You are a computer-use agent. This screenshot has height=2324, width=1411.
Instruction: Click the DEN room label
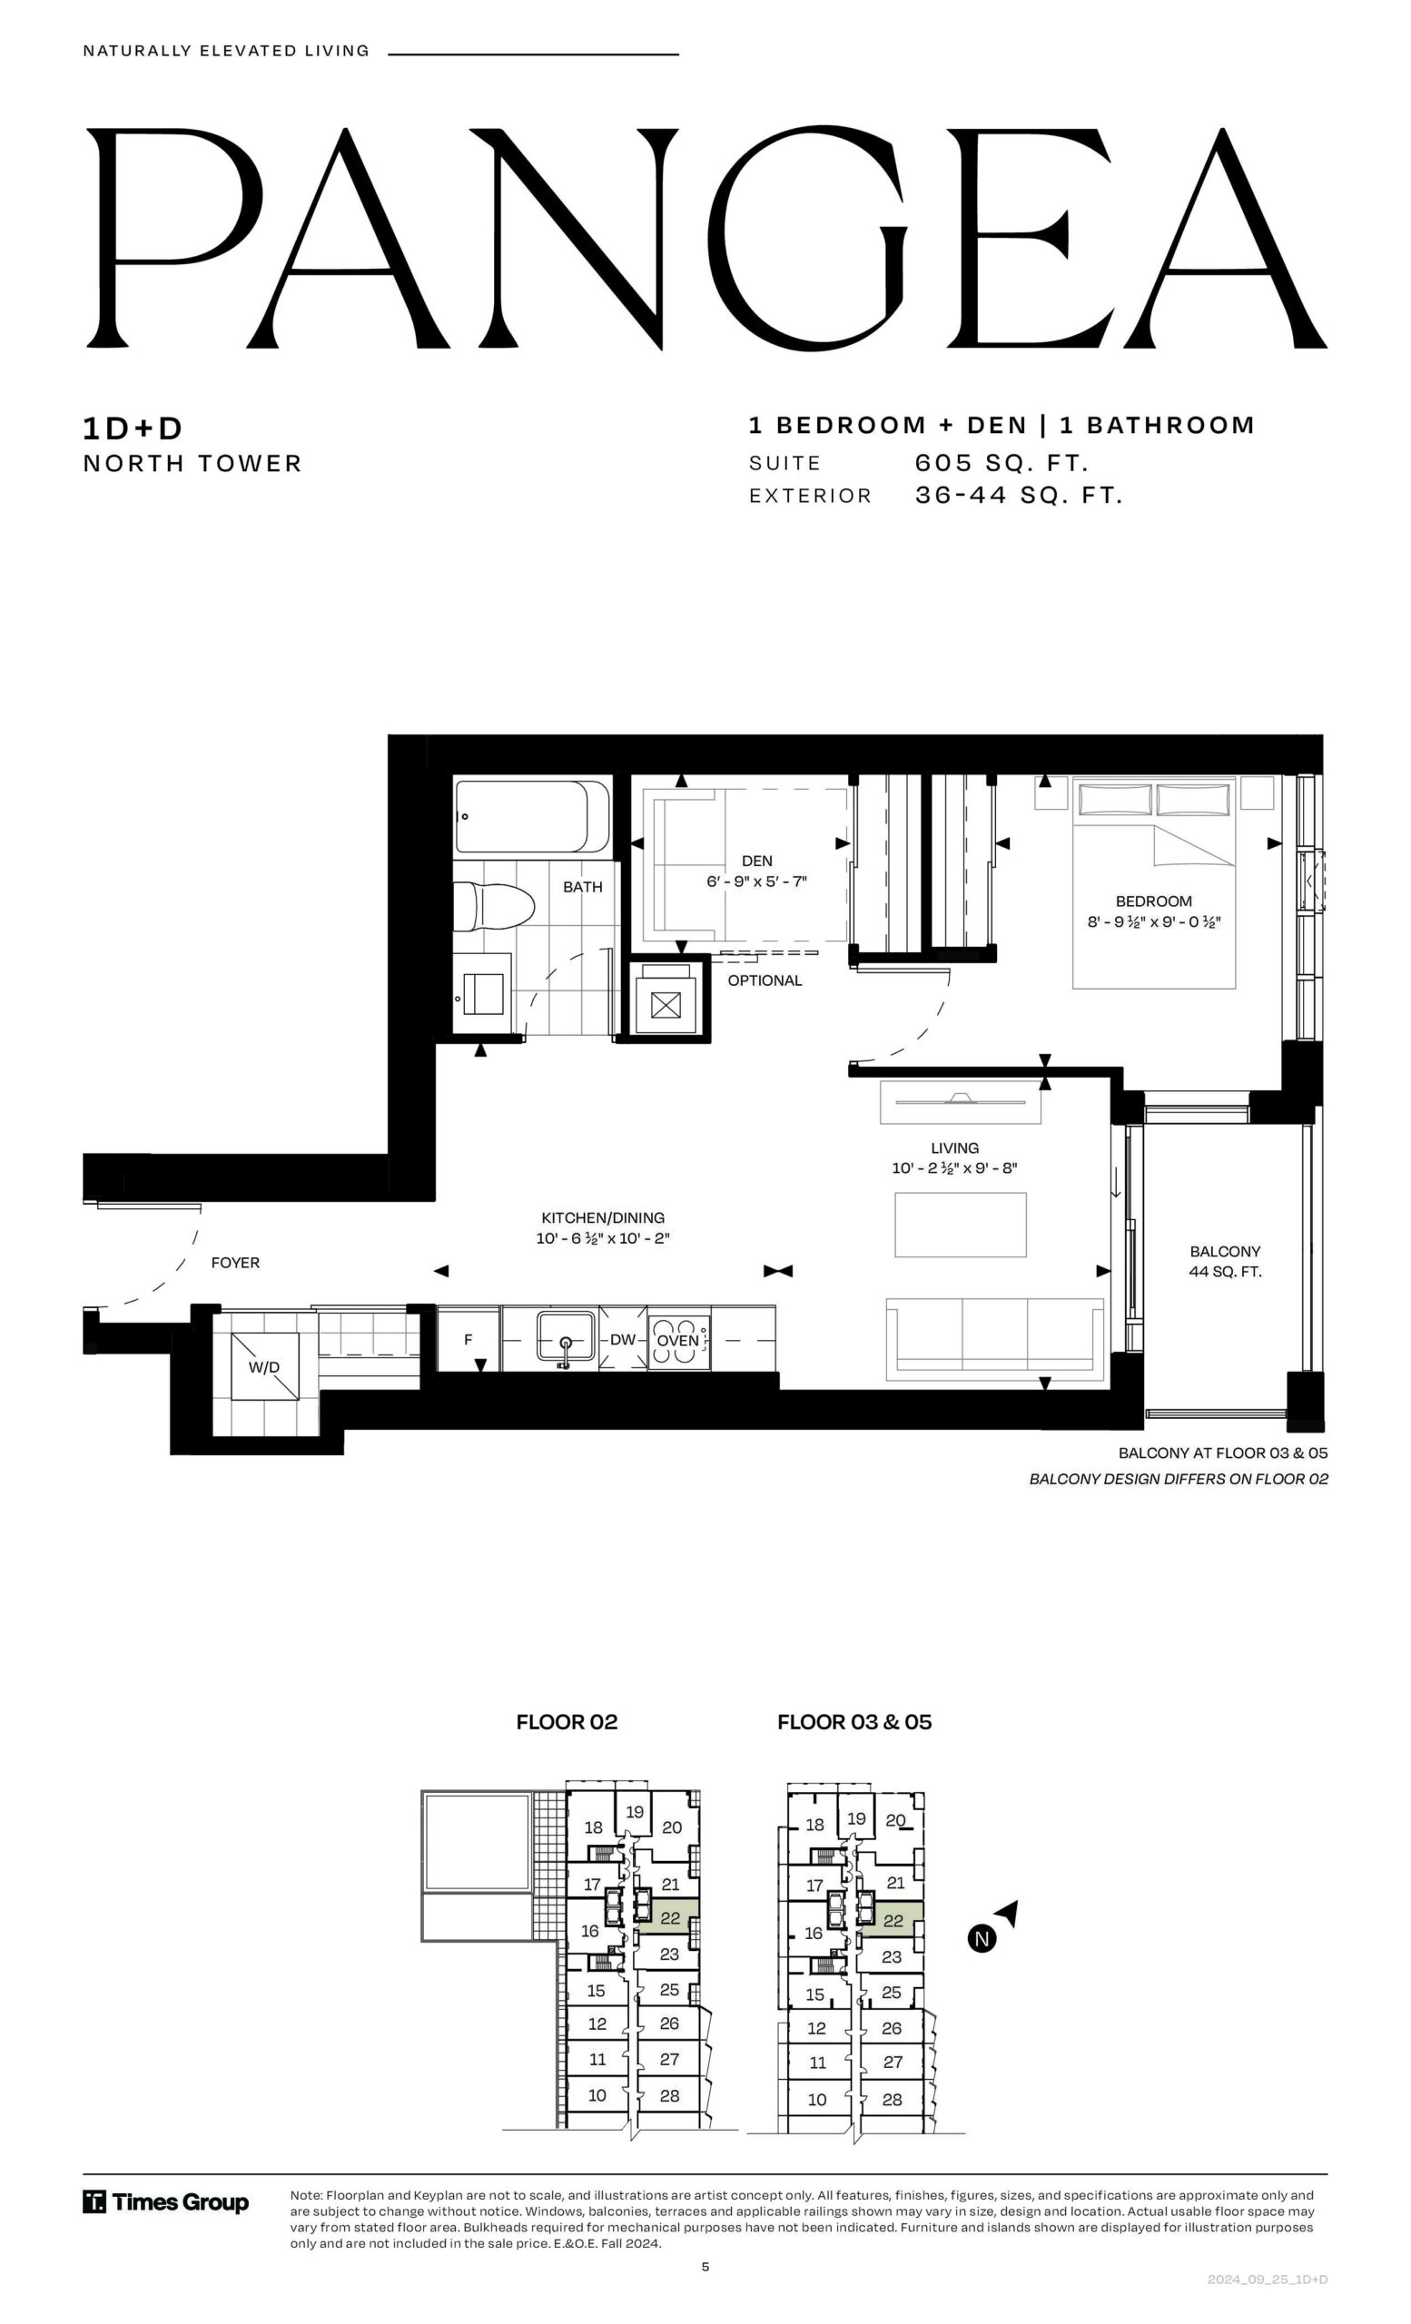756,861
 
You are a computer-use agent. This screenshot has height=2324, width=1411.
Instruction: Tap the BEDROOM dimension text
1153,921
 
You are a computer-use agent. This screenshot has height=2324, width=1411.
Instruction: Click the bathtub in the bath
532,817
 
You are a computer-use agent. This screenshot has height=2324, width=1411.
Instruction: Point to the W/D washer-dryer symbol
264,1366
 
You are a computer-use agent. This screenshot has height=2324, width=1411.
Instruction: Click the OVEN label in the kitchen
677,1340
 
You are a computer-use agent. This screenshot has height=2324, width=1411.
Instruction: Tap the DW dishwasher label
623,1339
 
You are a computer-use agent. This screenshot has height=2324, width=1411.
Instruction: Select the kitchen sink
566,1335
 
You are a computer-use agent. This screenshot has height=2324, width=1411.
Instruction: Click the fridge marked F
469,1338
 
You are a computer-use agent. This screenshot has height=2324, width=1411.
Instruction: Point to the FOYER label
235,1262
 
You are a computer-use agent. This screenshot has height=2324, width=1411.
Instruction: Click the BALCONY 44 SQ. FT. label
1225,1261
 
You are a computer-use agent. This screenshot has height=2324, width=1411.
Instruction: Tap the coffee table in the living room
960,1225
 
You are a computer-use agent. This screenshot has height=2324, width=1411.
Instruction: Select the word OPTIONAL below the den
765,980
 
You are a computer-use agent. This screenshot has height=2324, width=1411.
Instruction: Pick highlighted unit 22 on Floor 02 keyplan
671,1917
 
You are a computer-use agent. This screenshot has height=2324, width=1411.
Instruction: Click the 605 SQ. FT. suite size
1002,463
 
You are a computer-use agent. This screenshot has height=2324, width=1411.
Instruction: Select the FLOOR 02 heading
567,1722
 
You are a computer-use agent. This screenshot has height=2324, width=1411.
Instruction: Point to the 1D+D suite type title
133,428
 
